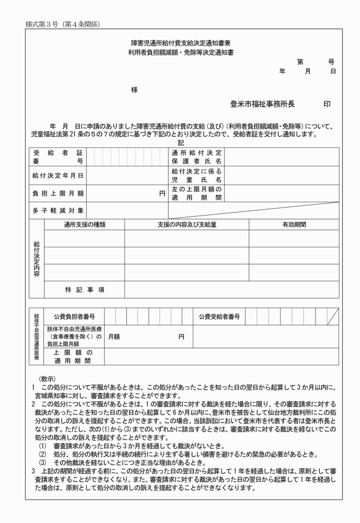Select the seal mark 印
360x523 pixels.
coord(327,105)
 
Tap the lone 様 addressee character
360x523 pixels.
coord(134,90)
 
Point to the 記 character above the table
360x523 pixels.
coord(181,143)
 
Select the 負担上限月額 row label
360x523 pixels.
coord(57,193)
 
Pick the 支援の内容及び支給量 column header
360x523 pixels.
coord(187,225)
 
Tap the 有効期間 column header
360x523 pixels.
coord(294,225)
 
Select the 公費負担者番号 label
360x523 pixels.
coord(74,316)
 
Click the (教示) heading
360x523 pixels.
coord(47,378)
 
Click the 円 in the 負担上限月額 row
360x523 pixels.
coord(162,193)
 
